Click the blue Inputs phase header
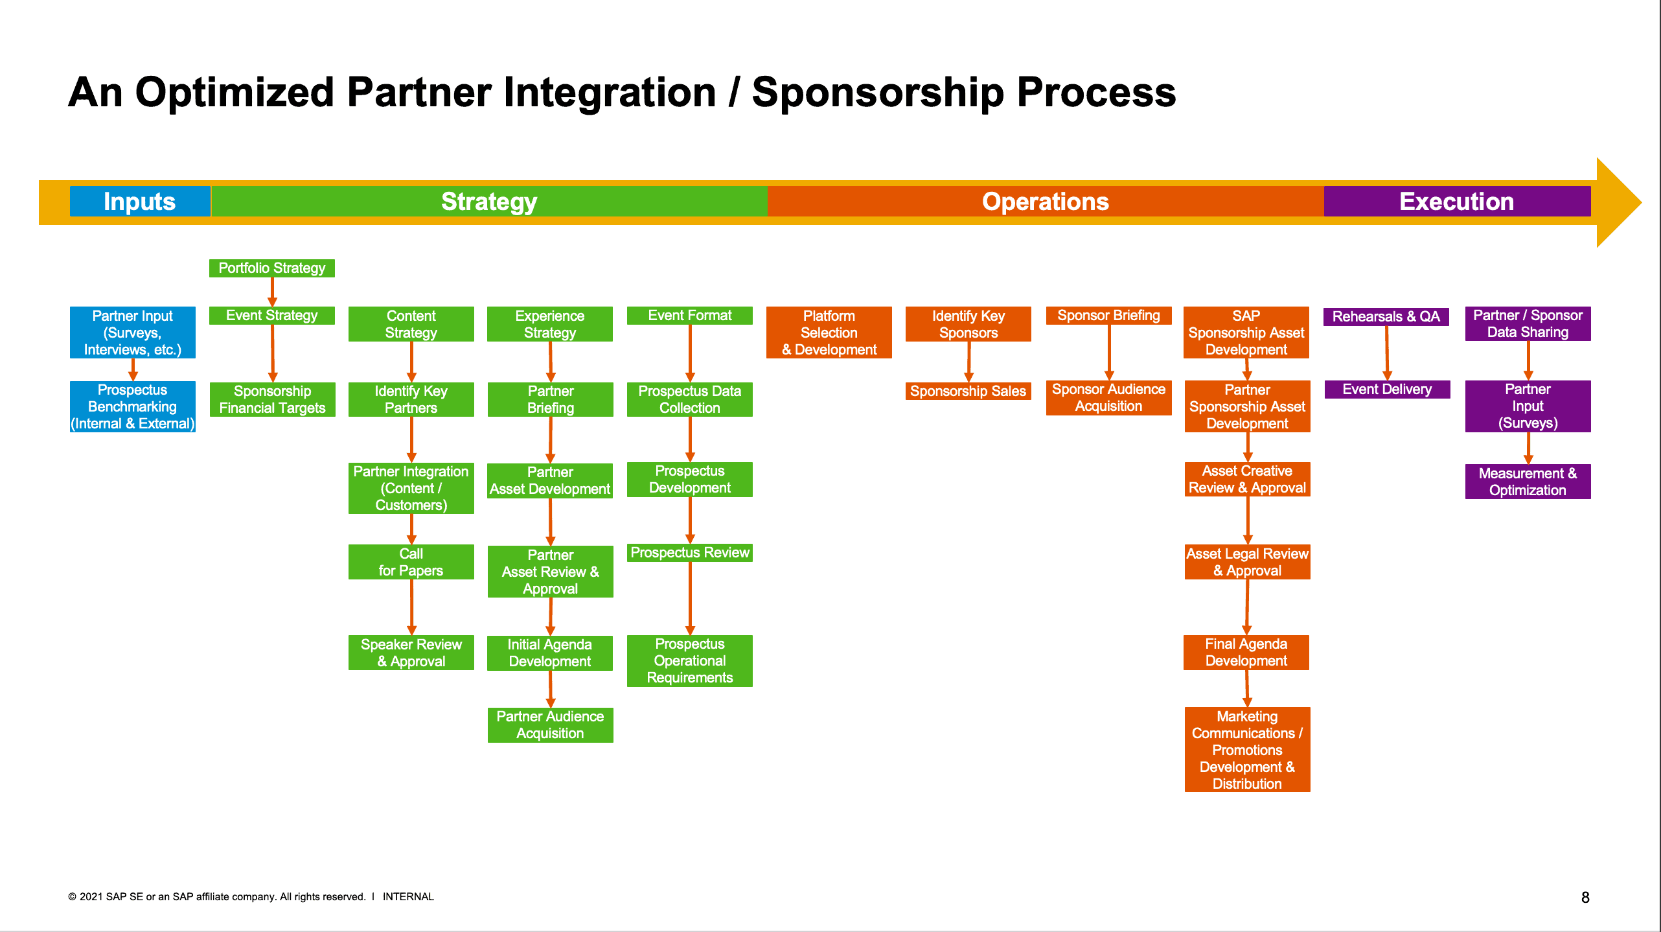click(x=139, y=202)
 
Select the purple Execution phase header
click(x=1456, y=202)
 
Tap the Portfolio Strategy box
click(x=271, y=268)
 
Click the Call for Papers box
click(x=411, y=562)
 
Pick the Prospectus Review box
click(x=689, y=553)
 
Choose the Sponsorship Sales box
click(x=968, y=391)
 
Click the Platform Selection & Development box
click(x=829, y=332)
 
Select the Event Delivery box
click(x=1387, y=390)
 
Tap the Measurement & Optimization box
click(x=1528, y=482)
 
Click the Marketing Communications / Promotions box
click(x=1247, y=750)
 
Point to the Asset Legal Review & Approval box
click(x=1247, y=562)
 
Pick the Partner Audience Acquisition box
click(x=550, y=725)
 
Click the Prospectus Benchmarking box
click(x=132, y=406)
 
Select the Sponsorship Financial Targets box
click(x=272, y=399)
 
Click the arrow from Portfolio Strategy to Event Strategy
click(x=272, y=292)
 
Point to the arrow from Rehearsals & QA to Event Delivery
click(x=1387, y=353)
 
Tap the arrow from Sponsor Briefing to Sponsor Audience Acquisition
click(x=1109, y=352)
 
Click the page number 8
click(x=1585, y=898)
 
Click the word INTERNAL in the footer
click(x=408, y=897)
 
